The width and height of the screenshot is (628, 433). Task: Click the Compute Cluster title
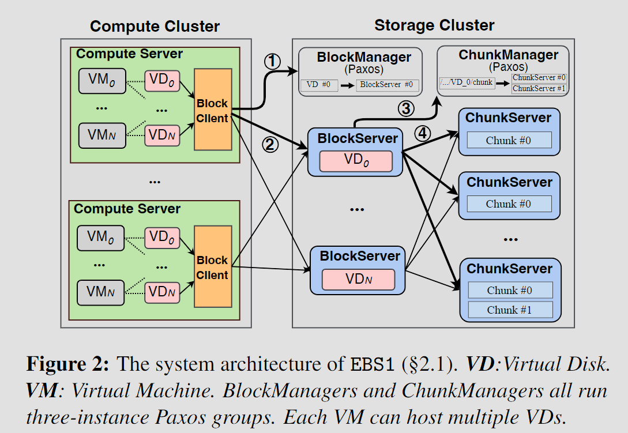pos(155,26)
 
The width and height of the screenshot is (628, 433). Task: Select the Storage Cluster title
pos(434,25)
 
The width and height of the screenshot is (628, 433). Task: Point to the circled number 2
pos(270,145)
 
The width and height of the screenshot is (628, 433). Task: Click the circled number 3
pos(406,107)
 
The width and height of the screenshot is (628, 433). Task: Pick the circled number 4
pos(423,133)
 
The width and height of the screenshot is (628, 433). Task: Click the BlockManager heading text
pos(364,58)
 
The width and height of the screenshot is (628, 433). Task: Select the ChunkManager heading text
pos(508,55)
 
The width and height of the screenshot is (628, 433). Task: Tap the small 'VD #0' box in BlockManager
pos(318,85)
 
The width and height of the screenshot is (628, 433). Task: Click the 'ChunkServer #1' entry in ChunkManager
pos(539,88)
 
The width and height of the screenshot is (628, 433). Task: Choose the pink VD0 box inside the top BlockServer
pos(356,161)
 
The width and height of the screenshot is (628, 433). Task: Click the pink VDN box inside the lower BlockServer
pos(358,280)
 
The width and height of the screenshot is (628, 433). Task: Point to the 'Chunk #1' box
pos(510,310)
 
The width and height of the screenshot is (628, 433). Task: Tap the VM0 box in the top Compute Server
pos(101,80)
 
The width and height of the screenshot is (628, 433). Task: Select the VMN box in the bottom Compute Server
pos(101,292)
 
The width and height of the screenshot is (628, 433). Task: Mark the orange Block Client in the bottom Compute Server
pos(212,268)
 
